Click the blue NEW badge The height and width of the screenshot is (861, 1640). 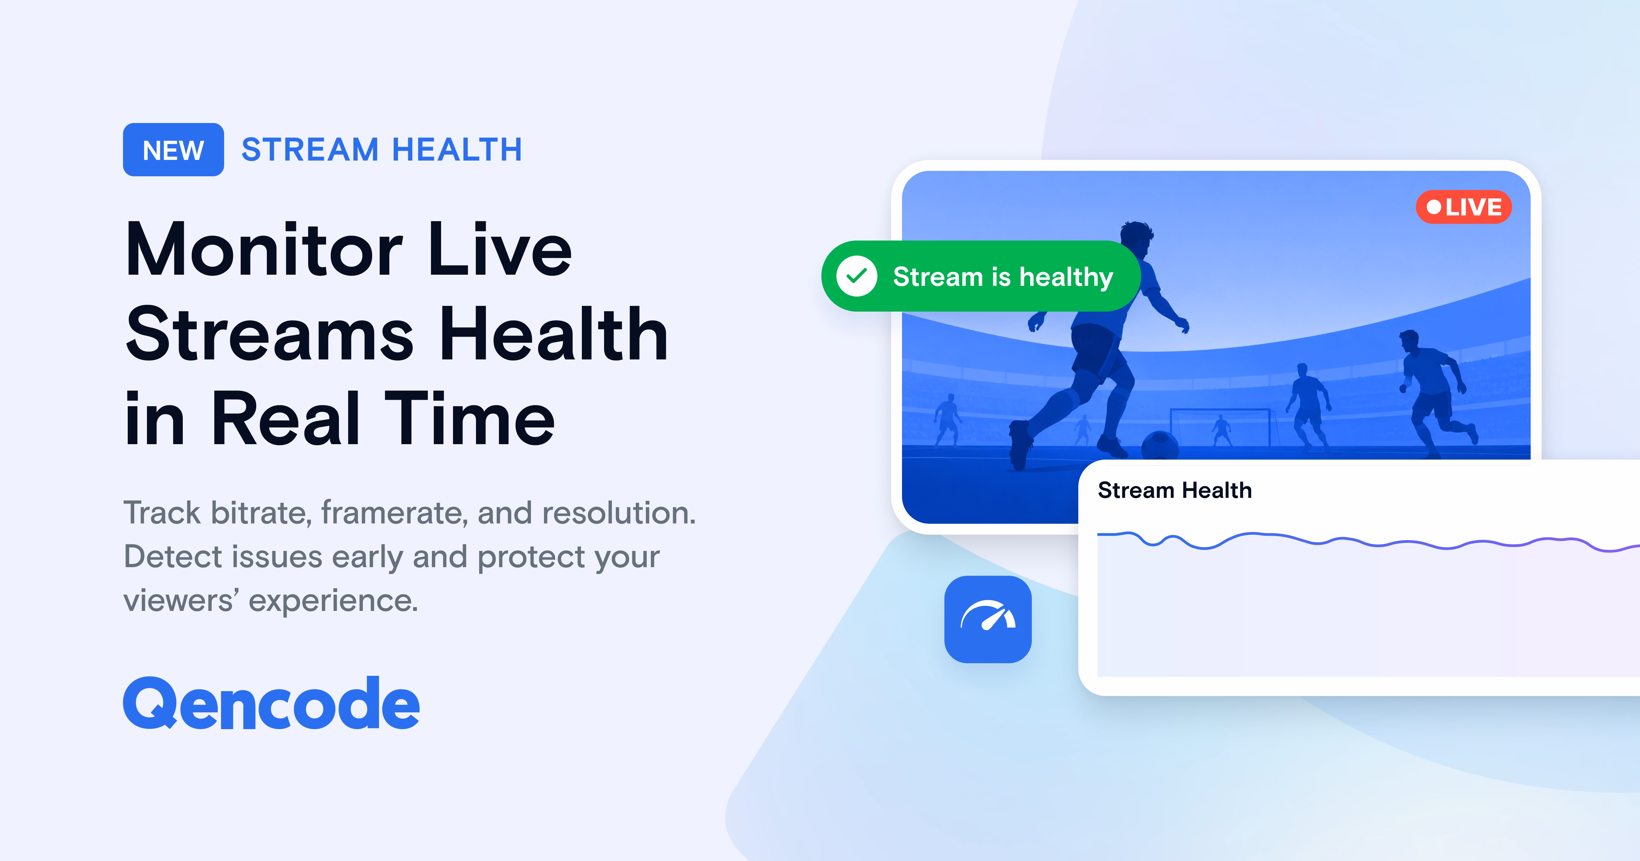point(173,150)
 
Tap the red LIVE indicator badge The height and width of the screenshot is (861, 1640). point(1464,207)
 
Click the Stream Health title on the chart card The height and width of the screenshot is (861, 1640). point(1175,490)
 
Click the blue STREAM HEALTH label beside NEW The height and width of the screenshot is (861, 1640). point(382,150)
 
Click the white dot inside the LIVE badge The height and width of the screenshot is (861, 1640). point(1434,207)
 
